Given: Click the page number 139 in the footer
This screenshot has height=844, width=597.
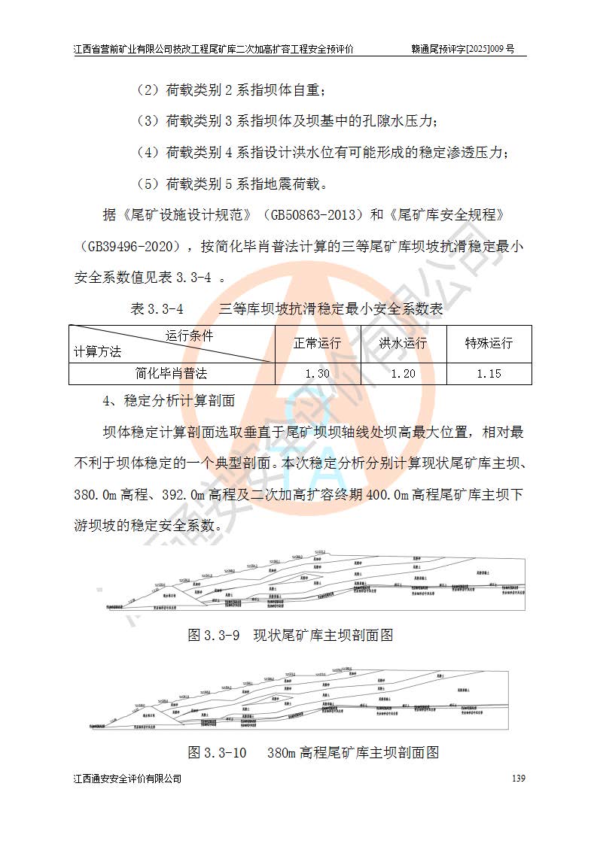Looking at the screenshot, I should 517,779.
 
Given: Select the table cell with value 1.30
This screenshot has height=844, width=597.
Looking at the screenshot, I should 318,374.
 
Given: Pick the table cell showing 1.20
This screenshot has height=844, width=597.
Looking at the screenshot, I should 404,374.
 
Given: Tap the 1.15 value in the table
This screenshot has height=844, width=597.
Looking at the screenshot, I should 489,374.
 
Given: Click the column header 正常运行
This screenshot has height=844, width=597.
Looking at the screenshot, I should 318,344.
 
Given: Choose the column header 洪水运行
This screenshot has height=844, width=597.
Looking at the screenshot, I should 404,344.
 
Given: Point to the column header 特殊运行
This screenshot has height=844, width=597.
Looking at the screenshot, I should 489,344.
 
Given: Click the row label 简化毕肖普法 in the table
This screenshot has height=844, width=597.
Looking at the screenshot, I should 172,373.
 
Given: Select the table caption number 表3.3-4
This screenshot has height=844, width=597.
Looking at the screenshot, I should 157,309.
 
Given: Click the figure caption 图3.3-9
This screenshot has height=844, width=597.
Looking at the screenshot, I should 213,636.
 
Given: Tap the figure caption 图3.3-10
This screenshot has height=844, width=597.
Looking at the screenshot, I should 217,752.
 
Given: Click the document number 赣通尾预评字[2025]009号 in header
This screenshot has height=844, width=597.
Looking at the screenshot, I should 462,49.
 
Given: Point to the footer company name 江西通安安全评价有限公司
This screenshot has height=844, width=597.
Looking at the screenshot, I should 127,779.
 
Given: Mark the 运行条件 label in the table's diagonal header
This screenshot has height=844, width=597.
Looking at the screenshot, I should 189,335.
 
